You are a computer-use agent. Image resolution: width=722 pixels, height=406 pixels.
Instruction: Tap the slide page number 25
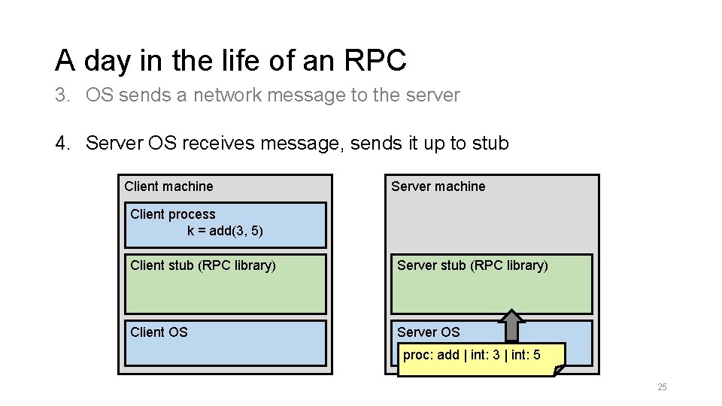click(662, 387)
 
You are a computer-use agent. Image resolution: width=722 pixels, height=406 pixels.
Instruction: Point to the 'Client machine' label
click(168, 186)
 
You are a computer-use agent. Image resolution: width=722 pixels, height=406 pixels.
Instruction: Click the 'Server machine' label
click(438, 186)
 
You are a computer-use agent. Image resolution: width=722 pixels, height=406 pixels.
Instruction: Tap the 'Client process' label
click(172, 214)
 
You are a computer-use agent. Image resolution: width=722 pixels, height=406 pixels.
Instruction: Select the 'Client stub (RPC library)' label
click(203, 265)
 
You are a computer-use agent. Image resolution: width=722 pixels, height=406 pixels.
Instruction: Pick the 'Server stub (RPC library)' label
click(472, 265)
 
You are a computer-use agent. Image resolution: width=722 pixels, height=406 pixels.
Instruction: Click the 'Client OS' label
click(159, 332)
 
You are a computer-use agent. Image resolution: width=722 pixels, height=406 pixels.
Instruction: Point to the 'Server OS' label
click(428, 332)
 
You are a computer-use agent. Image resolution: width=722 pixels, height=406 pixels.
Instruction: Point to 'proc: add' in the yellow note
click(431, 355)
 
